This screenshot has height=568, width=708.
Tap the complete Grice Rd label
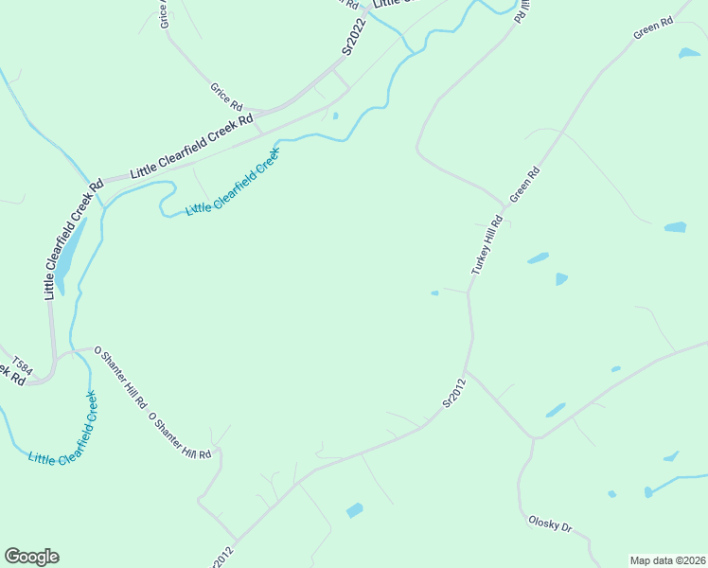click(x=227, y=95)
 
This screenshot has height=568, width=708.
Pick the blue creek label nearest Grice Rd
click(x=233, y=181)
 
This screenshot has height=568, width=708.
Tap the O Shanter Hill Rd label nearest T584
click(x=120, y=377)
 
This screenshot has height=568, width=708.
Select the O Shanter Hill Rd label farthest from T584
click(x=180, y=436)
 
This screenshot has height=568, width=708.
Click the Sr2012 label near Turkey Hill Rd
click(x=455, y=393)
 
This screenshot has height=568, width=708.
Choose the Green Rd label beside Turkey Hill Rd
click(x=524, y=184)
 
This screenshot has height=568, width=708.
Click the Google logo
click(x=31, y=557)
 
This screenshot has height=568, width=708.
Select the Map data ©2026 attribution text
click(x=667, y=559)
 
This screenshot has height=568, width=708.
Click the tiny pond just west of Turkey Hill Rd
click(x=434, y=293)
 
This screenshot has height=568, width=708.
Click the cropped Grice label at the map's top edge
click(x=165, y=13)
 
